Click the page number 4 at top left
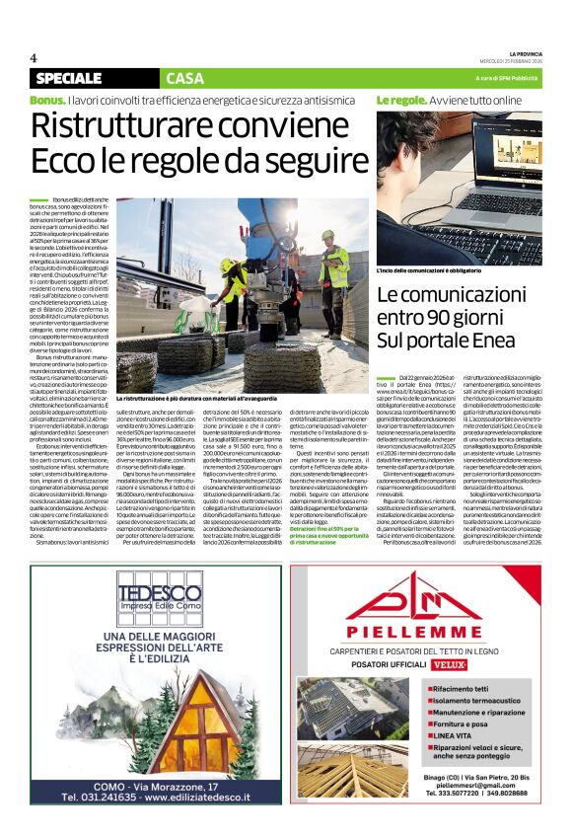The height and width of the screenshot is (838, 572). click(x=34, y=58)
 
